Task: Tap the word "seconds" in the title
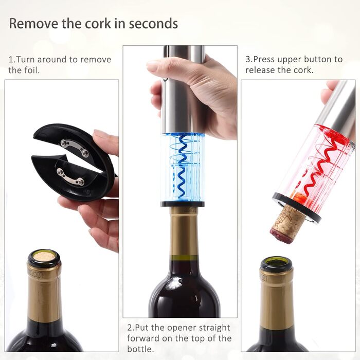point(153,24)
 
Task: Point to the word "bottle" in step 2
point(140,349)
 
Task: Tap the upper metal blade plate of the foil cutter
point(75,148)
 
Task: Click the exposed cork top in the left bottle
point(44,257)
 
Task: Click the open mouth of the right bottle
point(277,263)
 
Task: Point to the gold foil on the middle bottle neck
point(183,231)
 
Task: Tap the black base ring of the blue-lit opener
point(183,204)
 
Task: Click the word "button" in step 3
point(316,60)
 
